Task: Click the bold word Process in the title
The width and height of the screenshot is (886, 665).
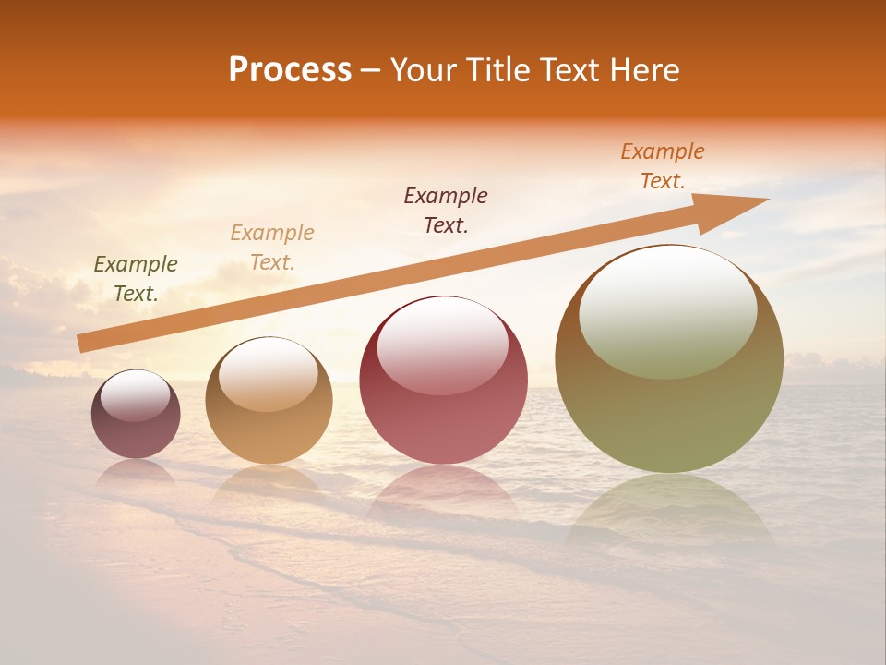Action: [290, 70]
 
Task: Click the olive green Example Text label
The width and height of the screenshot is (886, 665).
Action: [136, 279]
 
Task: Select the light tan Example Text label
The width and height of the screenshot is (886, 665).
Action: [272, 248]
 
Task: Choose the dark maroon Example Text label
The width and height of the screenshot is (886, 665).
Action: [446, 210]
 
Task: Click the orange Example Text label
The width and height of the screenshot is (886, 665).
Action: [663, 166]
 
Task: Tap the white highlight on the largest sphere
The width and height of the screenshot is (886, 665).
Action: [668, 310]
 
